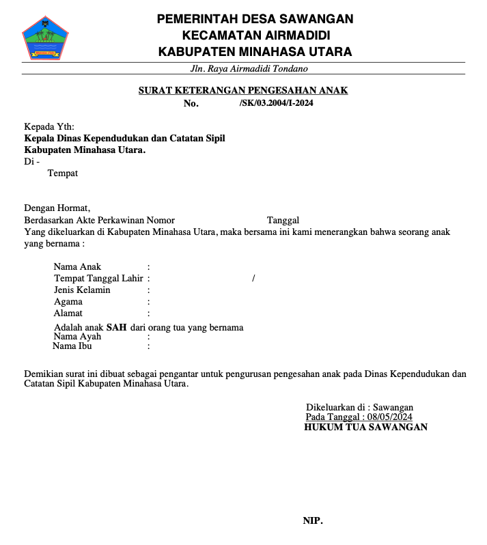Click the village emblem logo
point(46,38)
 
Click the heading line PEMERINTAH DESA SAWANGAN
point(255,18)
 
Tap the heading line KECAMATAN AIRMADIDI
point(255,35)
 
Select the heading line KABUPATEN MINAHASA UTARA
point(255,51)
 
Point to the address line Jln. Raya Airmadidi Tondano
point(249,68)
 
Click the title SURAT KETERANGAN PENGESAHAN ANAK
point(243,90)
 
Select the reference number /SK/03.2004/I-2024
point(277,103)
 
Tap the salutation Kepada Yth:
point(49,126)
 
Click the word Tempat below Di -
point(62,173)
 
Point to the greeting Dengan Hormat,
point(57,208)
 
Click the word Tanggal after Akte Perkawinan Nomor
point(283,220)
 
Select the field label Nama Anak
point(77,266)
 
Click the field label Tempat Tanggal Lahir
point(98,278)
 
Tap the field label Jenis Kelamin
point(82,290)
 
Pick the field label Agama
point(68,301)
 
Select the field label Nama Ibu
point(72,346)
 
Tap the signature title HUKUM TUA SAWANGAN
point(365,427)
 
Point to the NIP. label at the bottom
point(312,520)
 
